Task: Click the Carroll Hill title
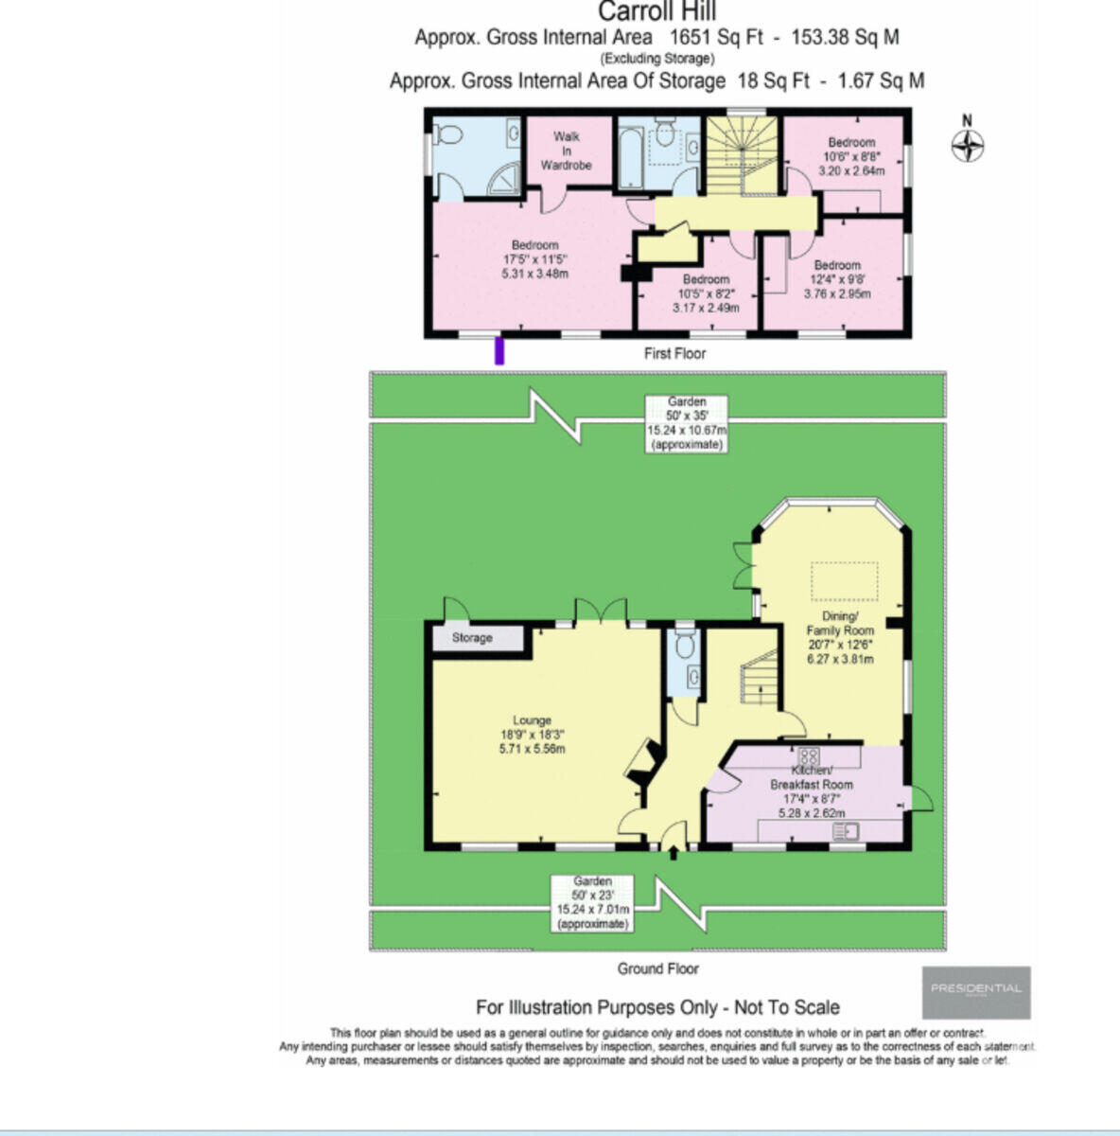656,12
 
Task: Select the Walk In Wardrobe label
567,151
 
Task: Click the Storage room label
472,638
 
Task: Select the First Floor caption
674,353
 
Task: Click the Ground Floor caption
657,968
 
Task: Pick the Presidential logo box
976,991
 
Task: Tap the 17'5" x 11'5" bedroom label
534,259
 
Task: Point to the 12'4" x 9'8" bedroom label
837,279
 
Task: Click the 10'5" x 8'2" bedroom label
706,293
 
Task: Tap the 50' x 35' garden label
687,422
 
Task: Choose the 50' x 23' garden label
593,902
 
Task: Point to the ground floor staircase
760,678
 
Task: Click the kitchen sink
844,831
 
